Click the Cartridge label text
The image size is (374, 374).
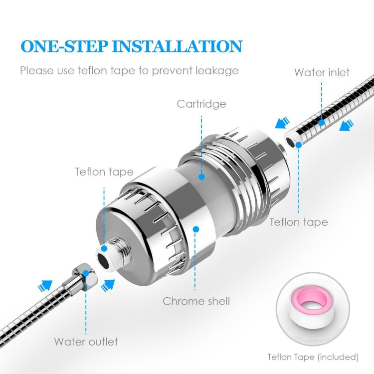201,104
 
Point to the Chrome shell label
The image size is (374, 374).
196,301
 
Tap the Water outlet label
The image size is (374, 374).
86,342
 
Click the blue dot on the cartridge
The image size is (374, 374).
202,176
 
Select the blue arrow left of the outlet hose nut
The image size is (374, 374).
45,287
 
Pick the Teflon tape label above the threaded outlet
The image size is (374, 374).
104,172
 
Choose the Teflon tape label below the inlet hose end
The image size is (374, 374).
299,222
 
